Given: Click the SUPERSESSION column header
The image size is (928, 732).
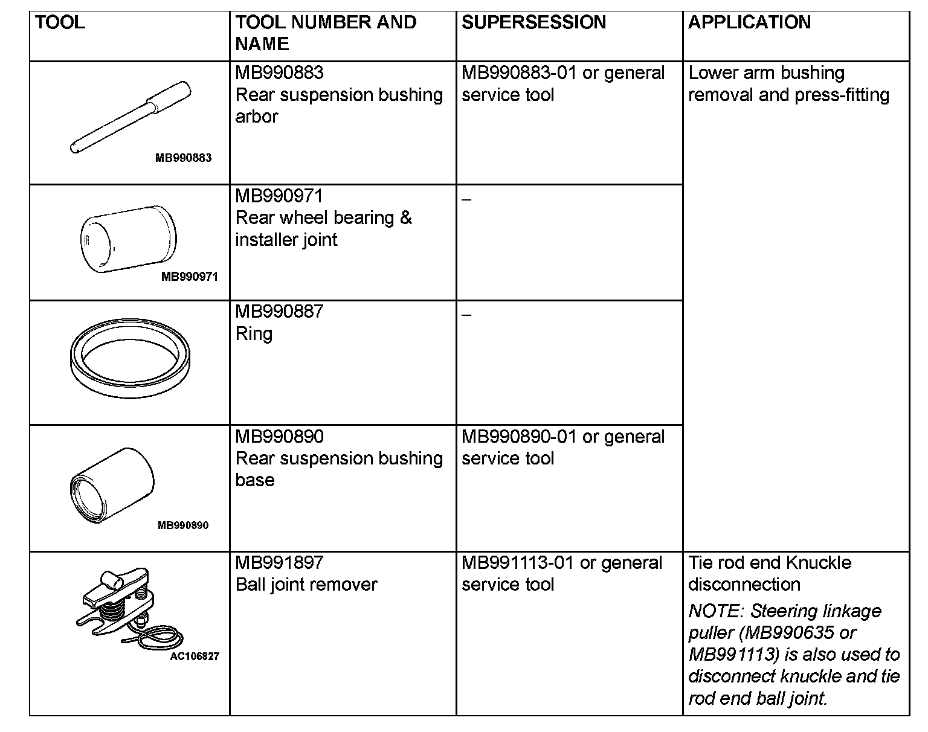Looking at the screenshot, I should point(533,22).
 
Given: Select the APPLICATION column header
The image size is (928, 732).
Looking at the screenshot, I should point(749,22).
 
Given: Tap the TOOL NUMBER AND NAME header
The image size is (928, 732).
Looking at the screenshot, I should point(326,33).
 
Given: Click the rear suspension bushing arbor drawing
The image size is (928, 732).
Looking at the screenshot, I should point(130,116).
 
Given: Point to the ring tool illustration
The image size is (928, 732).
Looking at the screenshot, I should point(130,362).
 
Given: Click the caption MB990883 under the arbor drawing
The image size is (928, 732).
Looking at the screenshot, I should point(183,158).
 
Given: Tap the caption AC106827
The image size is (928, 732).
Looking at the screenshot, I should point(195,657).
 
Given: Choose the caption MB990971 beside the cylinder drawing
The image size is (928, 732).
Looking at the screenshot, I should point(189,277).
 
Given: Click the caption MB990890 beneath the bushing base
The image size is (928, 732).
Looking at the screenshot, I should point(183,525).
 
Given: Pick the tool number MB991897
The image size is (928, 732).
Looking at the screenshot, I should point(279,563).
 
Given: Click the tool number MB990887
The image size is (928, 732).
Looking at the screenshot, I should point(279,312).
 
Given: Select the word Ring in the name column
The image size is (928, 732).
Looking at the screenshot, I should point(254,334).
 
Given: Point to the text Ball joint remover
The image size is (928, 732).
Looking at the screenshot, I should point(306,585).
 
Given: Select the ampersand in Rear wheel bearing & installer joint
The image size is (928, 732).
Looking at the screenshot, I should point(406,218).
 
